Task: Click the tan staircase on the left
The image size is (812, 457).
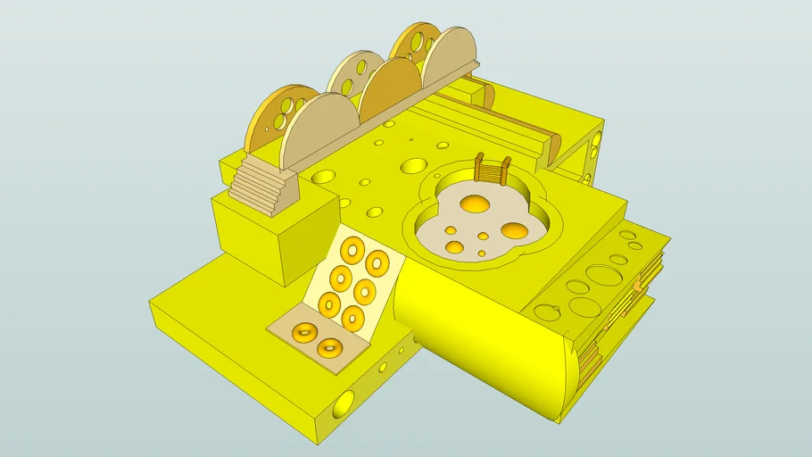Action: coord(261,183)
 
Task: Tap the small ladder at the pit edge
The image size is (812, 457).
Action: coord(493,170)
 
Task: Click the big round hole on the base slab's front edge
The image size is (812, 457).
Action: coord(343,404)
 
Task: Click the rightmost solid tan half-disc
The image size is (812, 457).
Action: coord(451,58)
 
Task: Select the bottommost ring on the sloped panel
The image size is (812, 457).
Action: coord(352,317)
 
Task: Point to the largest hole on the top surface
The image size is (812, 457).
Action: coord(414,165)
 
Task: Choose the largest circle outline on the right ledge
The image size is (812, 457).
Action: coord(604,275)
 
